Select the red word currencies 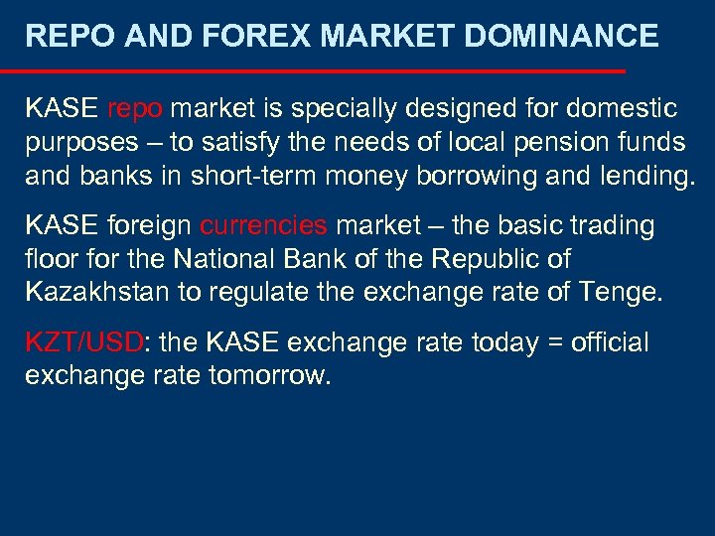pos(263,226)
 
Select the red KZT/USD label pos(84,343)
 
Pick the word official pos(611,343)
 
